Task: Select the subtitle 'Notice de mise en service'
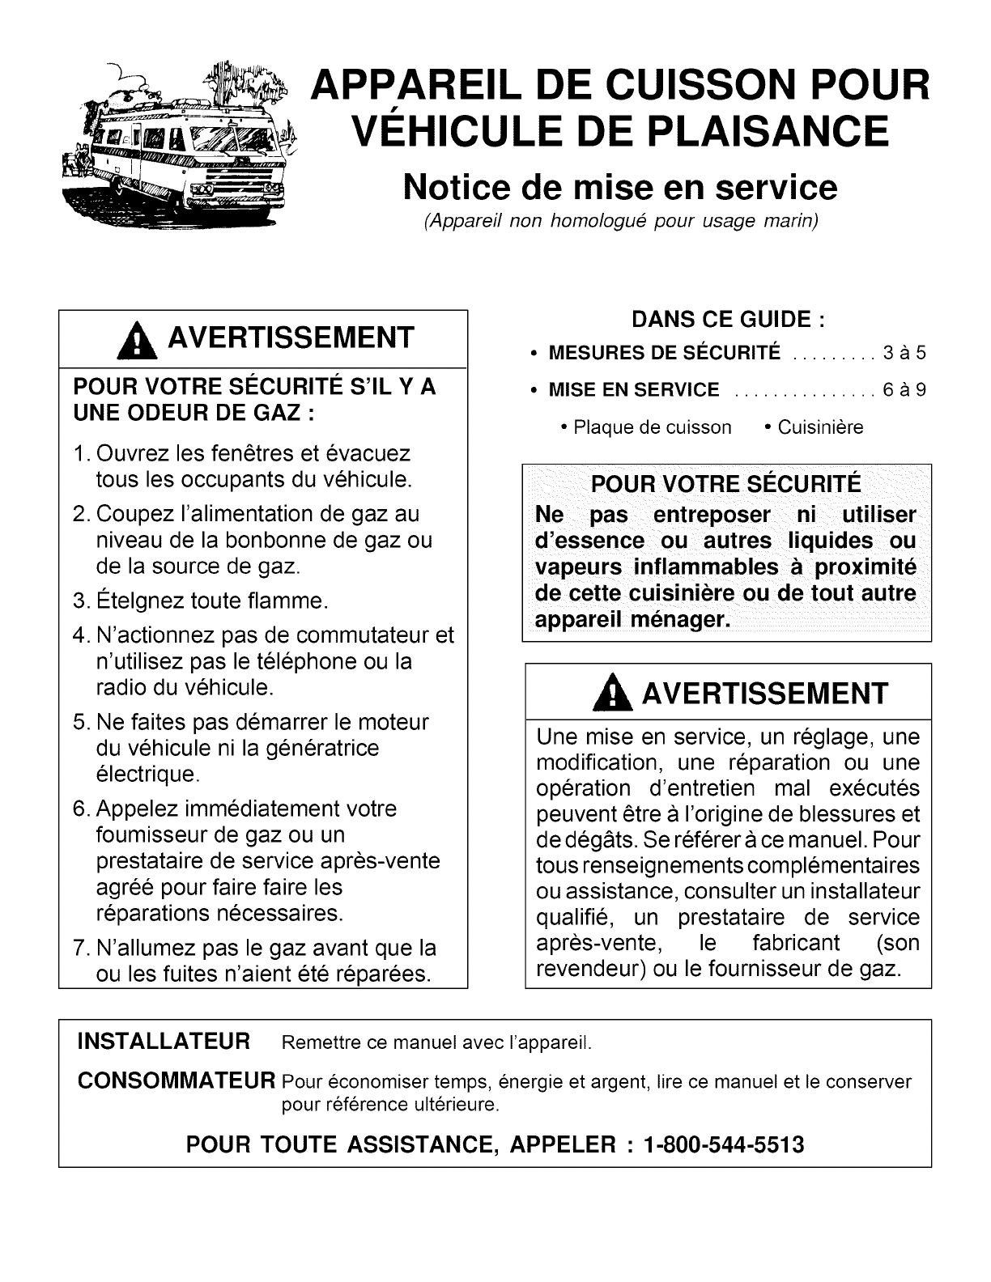(x=620, y=187)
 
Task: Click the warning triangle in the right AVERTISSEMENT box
(x=619, y=695)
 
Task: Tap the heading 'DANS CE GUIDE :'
(x=728, y=320)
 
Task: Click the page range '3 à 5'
(x=904, y=353)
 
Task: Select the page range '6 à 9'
(x=904, y=390)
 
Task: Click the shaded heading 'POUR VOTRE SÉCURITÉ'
(x=726, y=485)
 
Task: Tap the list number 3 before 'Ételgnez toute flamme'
(x=79, y=601)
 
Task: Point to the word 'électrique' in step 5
(x=146, y=775)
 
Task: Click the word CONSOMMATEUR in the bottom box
(x=176, y=1080)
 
